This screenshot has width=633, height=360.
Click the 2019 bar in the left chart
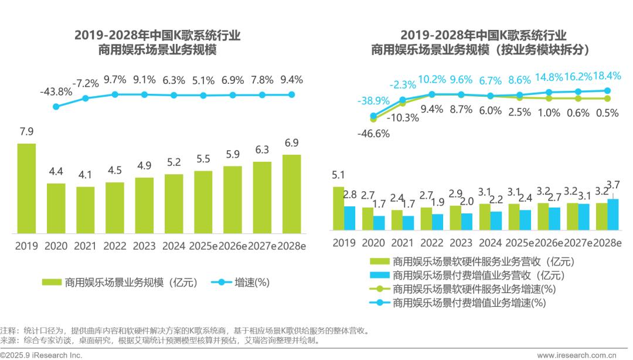(26, 188)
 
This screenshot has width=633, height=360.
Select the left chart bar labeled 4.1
(85, 210)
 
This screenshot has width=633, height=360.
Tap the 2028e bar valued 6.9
(291, 193)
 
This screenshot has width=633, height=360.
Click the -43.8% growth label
(56, 91)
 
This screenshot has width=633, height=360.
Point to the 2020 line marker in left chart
(56, 107)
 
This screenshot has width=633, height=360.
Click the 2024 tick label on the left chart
(173, 246)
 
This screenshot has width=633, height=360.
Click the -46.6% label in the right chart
(373, 133)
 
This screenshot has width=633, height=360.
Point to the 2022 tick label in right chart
(432, 242)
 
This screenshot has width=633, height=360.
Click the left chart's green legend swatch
(52, 283)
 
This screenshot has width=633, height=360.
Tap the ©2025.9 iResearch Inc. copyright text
(41, 355)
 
